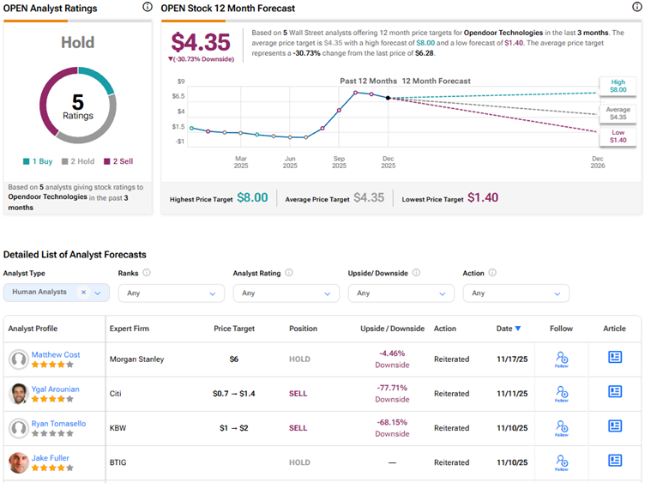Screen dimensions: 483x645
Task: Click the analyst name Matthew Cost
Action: click(x=55, y=354)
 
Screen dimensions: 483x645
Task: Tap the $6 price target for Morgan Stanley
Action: click(x=233, y=359)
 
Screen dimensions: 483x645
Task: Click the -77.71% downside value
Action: click(x=392, y=388)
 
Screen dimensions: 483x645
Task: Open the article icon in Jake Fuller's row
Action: click(x=614, y=461)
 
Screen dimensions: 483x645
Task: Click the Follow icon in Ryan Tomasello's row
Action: click(x=562, y=426)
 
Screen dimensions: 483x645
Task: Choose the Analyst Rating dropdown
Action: click(x=286, y=293)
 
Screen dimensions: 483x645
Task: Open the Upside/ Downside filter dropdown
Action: click(x=401, y=293)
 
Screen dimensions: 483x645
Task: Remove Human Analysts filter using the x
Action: click(x=83, y=293)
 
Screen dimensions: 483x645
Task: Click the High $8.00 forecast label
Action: click(x=618, y=85)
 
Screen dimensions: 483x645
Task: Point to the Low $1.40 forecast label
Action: click(x=618, y=136)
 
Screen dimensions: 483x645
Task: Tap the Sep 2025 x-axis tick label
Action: click(x=339, y=162)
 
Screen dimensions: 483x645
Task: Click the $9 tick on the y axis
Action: click(x=178, y=82)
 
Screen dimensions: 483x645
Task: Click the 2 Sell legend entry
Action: click(x=118, y=161)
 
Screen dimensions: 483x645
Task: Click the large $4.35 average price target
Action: click(x=200, y=42)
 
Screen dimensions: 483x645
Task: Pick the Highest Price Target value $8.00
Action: click(x=252, y=198)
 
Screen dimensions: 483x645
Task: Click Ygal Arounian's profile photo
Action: click(x=18, y=394)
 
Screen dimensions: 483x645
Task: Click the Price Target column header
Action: click(x=233, y=329)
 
